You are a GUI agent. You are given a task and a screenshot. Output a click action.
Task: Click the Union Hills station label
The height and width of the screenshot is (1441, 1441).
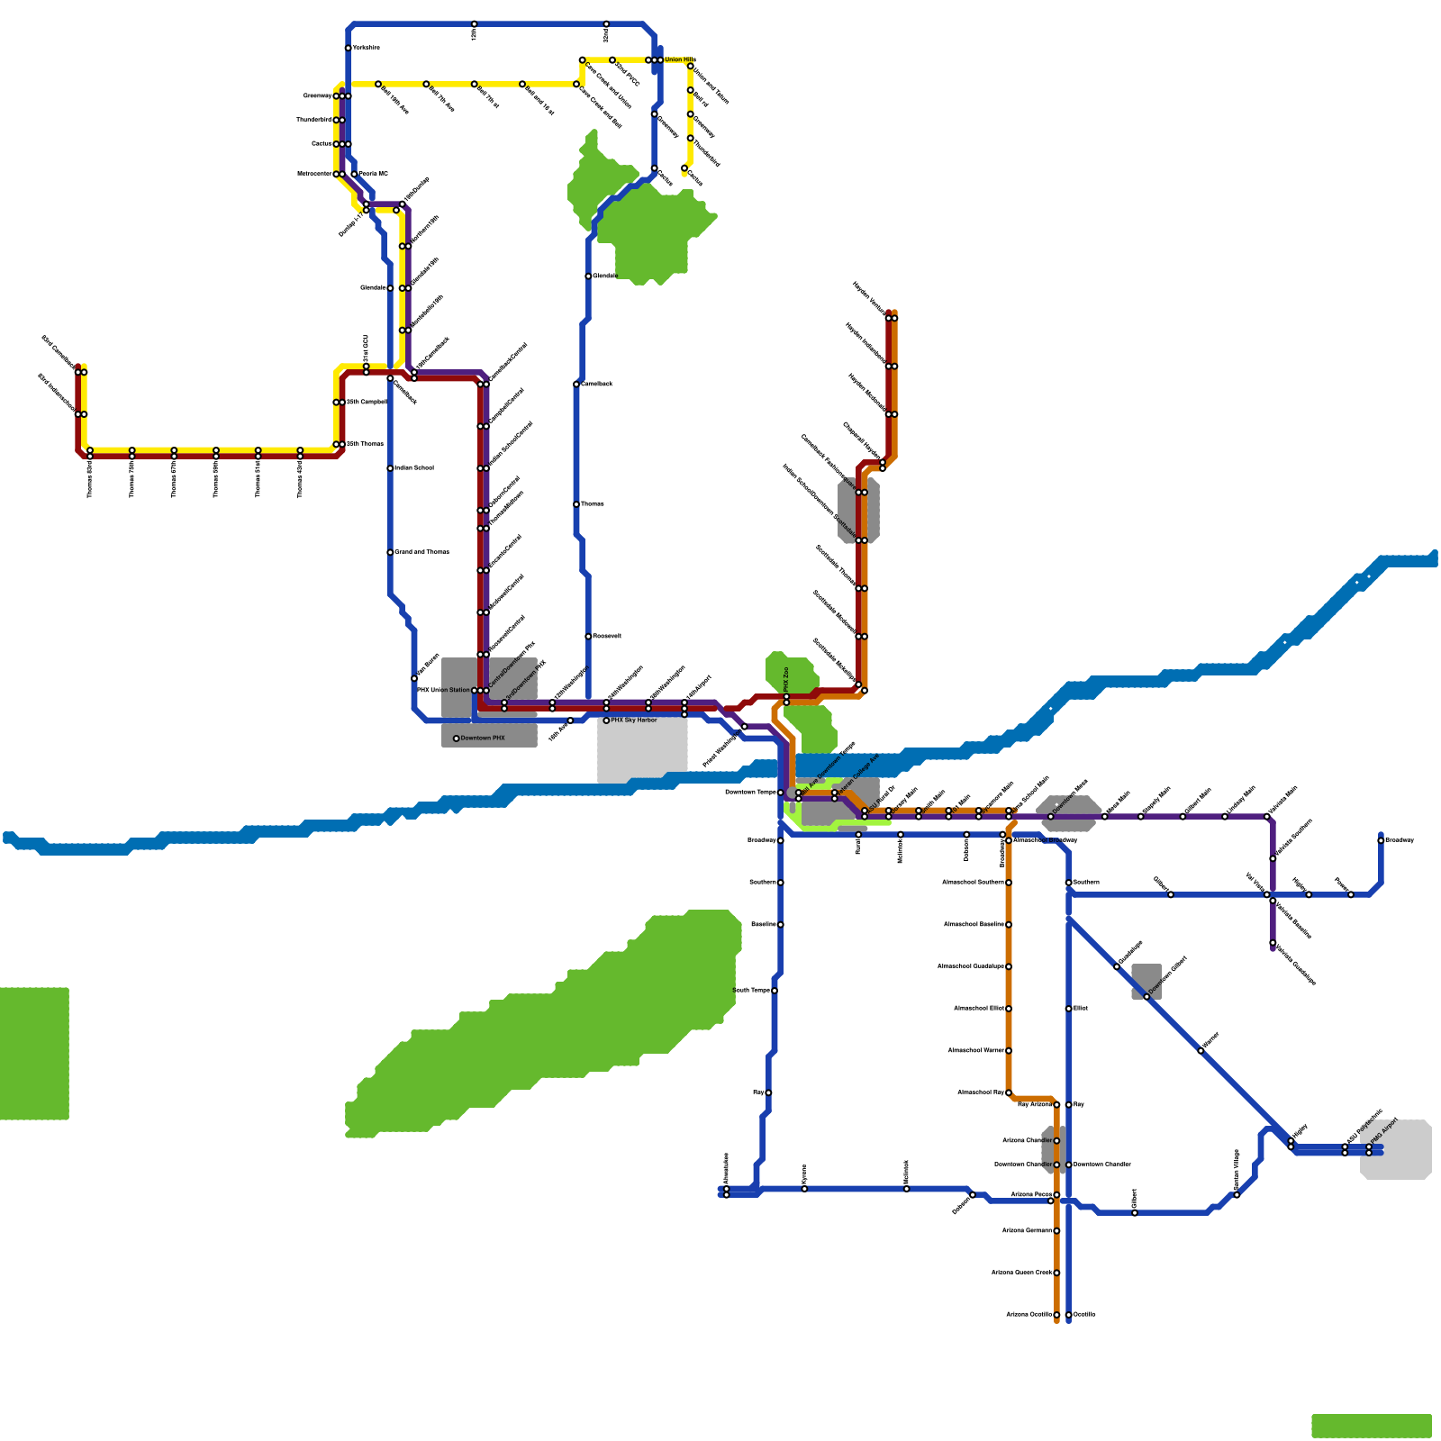click(680, 60)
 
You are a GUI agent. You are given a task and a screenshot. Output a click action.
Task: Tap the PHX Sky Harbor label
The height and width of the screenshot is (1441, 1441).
click(634, 720)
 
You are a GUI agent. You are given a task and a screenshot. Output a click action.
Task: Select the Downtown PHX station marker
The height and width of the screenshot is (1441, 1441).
click(457, 739)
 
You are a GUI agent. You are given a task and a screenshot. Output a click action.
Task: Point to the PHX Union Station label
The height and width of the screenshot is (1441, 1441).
click(444, 691)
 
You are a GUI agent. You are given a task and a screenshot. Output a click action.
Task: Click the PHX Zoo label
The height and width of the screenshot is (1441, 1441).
click(786, 678)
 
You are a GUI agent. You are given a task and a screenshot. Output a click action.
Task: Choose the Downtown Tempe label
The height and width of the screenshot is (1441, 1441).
click(750, 793)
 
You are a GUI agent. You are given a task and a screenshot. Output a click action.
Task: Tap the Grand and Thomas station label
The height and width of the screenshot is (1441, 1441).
click(422, 552)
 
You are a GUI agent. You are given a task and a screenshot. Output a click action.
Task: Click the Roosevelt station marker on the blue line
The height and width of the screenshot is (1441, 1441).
click(588, 637)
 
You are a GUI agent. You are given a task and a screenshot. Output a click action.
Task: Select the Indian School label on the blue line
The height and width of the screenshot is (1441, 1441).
click(414, 468)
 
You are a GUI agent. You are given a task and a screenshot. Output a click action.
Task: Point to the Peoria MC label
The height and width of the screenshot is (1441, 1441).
click(374, 174)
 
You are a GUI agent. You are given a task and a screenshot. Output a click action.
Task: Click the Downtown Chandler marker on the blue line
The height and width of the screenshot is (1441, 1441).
click(1069, 1165)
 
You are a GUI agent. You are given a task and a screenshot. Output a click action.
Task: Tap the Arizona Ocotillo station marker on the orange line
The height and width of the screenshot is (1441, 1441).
click(1056, 1315)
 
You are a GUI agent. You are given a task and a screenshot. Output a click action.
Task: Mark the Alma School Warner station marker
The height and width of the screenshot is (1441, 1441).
click(1009, 1051)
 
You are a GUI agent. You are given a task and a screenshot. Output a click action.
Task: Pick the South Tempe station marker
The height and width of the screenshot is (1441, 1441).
click(775, 991)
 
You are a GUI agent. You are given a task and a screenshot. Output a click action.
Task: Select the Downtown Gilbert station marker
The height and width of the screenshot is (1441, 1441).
click(1146, 997)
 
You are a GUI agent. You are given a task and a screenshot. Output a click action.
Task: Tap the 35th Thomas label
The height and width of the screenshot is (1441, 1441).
click(366, 444)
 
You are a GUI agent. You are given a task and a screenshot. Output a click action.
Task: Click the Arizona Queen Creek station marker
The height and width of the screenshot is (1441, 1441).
click(1056, 1273)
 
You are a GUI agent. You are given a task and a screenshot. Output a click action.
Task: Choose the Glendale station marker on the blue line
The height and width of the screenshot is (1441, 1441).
click(390, 288)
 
